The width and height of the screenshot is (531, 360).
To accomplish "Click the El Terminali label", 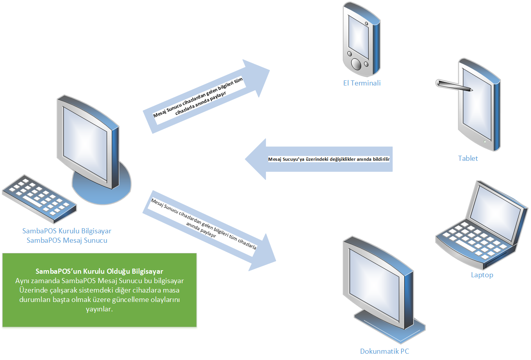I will coord(362,83).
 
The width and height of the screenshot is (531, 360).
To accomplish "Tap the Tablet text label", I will coord(468,158).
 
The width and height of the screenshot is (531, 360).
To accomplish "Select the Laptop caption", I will coord(482,275).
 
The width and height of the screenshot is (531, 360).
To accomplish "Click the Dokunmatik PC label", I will coord(384,351).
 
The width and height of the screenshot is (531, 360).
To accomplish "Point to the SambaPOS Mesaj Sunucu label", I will coord(67,240).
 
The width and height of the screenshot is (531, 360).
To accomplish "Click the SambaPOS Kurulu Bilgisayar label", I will coord(67,231).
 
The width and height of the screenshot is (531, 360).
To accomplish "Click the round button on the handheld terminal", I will coord(356,64).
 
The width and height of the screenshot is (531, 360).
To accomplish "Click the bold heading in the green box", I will coord(99,271).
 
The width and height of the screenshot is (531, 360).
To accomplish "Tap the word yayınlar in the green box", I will coord(99,309).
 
